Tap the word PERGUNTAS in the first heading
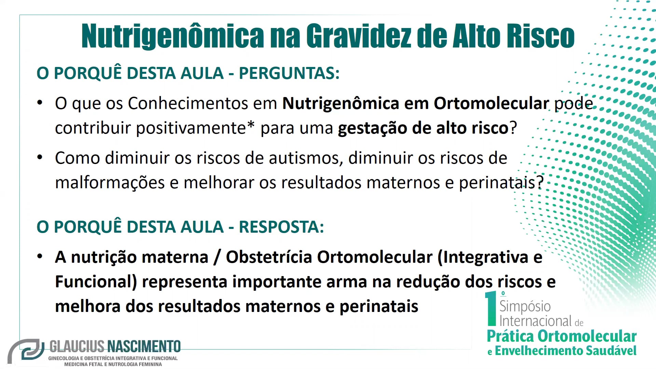pos(289,73)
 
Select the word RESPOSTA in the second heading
pos(281,227)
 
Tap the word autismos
pos(306,158)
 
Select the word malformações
pos(110,183)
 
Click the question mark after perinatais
pos(540,182)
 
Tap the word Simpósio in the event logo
pos(525,306)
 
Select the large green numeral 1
pos(491,309)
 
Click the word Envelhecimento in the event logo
pos(538,351)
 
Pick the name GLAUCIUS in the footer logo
pos(77,347)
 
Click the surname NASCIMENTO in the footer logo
pos(144,347)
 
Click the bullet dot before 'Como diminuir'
pos(40,158)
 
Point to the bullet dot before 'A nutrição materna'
pos(40,257)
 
